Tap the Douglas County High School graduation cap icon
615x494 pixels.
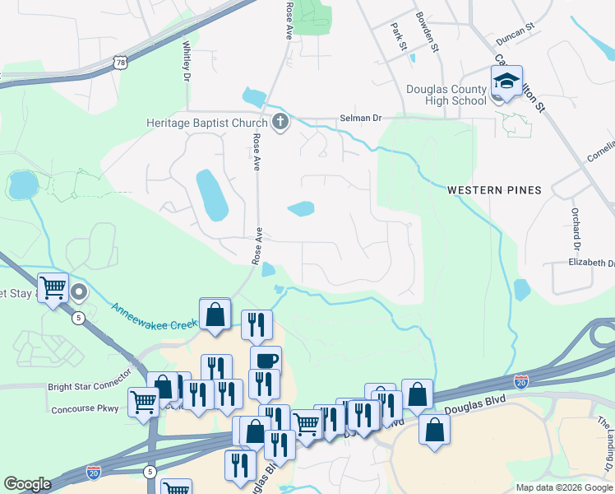click(x=506, y=82)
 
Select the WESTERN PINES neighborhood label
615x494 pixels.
click(x=494, y=190)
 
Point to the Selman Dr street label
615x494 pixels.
click(x=361, y=119)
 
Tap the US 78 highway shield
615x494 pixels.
click(x=122, y=63)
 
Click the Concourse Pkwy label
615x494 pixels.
click(x=85, y=408)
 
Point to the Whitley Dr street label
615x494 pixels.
click(x=187, y=60)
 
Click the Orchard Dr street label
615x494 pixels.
click(x=576, y=229)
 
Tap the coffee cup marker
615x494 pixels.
click(x=266, y=361)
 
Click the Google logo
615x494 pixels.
click(x=27, y=484)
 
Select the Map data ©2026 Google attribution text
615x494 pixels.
click(x=564, y=487)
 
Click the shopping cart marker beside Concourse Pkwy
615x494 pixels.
click(x=144, y=403)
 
